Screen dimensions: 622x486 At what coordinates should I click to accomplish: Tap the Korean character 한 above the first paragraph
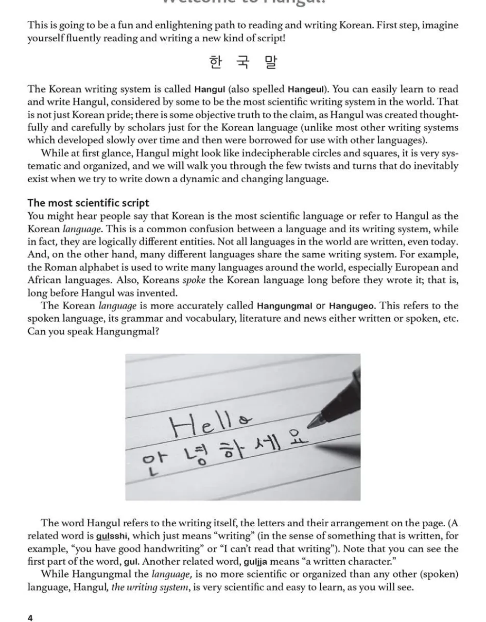coord(215,62)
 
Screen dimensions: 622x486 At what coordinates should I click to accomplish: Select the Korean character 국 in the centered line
coord(243,62)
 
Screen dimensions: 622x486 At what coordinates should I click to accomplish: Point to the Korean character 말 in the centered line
coord(271,62)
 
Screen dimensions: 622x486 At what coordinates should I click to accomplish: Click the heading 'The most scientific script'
coord(88,203)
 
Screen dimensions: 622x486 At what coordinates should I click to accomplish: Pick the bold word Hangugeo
coord(352,306)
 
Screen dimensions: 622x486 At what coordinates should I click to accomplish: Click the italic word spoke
coord(193,280)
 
